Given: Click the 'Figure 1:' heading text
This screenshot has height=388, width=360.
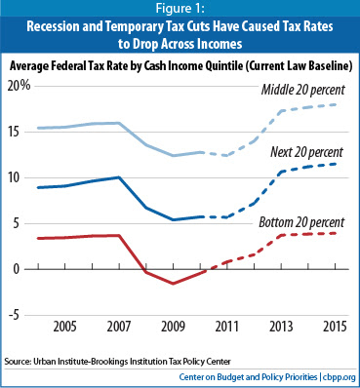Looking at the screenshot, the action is [x=180, y=8].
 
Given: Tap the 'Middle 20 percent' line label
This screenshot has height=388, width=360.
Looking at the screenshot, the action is [x=303, y=90].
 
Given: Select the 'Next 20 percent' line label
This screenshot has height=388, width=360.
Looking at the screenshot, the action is [x=306, y=152].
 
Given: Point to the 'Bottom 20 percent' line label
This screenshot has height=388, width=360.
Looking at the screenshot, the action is [x=301, y=222].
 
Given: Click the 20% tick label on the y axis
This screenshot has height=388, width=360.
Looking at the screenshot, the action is [x=19, y=86].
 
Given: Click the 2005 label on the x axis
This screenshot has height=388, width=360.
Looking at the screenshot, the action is [x=64, y=327].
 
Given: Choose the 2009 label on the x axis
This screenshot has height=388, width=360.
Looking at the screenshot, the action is [x=173, y=327].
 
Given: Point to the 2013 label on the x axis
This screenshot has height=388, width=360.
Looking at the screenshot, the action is [x=281, y=327].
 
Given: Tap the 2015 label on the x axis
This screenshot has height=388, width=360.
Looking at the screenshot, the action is [x=336, y=327].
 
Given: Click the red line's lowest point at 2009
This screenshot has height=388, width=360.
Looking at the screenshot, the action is [x=173, y=284].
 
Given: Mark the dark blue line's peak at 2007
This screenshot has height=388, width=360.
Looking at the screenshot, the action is [x=119, y=177].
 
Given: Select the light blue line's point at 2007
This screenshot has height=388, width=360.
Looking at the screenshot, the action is [x=119, y=123].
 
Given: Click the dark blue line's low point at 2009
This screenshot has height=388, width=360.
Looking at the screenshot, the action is [x=173, y=220].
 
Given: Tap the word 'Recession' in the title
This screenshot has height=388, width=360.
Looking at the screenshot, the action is [x=53, y=26].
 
